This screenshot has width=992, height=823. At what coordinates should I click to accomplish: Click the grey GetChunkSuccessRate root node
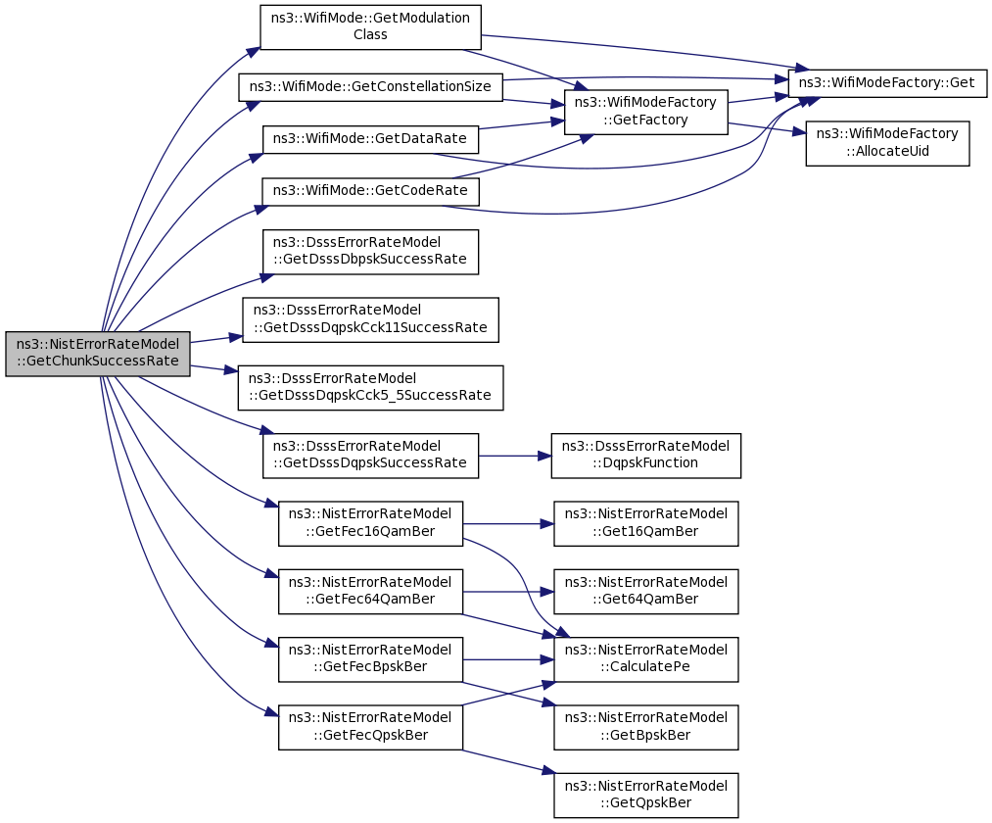coord(97,354)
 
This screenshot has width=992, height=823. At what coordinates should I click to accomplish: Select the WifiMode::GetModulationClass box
coord(370,27)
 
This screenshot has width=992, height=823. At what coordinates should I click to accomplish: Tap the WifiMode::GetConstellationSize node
coord(370,87)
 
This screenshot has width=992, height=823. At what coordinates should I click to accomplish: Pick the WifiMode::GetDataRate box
coord(370,139)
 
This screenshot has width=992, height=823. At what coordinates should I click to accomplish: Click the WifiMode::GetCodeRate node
coord(370,190)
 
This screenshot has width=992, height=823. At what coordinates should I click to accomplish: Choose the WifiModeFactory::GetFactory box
coord(646,112)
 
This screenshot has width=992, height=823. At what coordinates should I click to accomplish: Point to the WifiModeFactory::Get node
coord(887,83)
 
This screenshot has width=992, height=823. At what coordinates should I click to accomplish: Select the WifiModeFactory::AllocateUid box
coord(887,143)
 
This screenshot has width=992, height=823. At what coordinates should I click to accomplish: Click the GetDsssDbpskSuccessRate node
coord(370,252)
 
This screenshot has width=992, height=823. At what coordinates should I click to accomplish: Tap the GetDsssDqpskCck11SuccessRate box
coord(370,319)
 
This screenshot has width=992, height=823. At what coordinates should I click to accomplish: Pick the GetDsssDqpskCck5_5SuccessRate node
coord(370,387)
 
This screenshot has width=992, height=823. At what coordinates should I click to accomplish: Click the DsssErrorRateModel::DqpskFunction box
coord(646,456)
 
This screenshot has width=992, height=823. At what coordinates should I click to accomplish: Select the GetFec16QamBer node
coord(370,523)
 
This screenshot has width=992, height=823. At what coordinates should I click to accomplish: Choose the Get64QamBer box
coord(646,592)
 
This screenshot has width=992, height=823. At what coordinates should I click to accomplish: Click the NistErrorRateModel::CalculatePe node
coord(646,659)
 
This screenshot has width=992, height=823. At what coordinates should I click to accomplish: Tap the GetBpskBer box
coord(646,727)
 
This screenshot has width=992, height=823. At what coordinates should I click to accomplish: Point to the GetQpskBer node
coord(646,796)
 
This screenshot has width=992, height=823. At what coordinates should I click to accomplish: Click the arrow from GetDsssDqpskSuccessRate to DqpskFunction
coord(515,456)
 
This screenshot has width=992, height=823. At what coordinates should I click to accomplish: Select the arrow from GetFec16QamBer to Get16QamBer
coord(508,524)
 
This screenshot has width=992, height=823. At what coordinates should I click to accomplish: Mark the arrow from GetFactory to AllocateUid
coord(767,128)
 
